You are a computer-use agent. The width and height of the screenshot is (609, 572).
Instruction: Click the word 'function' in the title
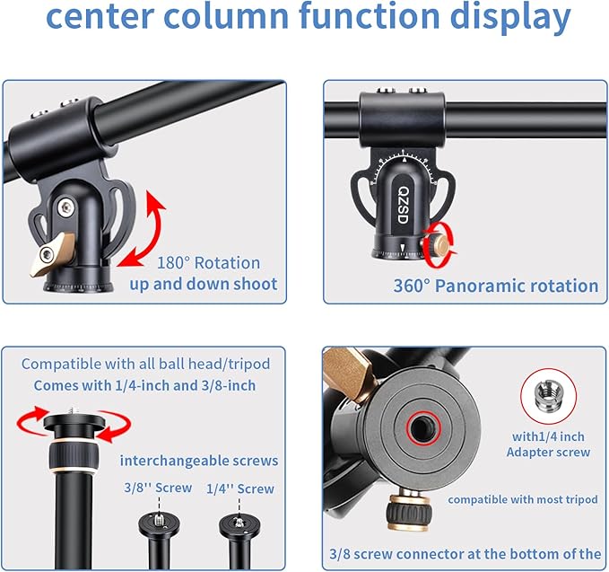(370, 15)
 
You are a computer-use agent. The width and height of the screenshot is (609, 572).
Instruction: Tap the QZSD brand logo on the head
(404, 205)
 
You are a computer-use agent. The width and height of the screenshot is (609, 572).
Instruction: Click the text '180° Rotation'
(208, 263)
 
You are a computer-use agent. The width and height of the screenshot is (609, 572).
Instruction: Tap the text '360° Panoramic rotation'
(496, 286)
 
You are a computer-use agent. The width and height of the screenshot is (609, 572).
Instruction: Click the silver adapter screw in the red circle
(548, 395)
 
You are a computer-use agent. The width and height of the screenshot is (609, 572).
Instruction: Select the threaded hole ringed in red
(423, 428)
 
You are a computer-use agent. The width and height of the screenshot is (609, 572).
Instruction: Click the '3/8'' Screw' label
(158, 488)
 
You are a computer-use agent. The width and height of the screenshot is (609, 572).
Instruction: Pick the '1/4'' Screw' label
(240, 488)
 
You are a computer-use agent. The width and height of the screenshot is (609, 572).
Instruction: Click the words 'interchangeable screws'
(199, 461)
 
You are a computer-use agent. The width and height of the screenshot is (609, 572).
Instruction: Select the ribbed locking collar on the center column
(74, 456)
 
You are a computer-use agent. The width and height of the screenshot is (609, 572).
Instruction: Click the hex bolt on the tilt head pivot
(66, 207)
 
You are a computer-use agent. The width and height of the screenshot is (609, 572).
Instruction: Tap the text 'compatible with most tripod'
(523, 499)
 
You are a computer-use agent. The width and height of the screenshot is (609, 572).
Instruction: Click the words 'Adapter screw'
(548, 453)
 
